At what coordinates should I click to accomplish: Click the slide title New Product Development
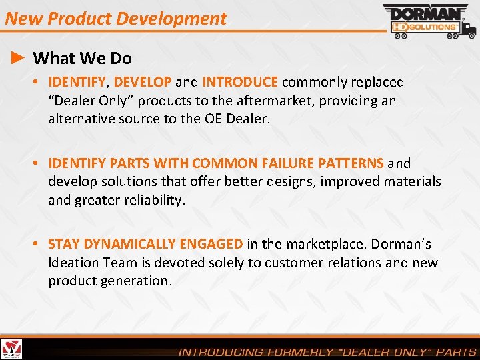[x=115, y=18]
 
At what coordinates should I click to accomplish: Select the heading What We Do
[x=82, y=59]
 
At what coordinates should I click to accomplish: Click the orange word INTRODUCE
[x=240, y=82]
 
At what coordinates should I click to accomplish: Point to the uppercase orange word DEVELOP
[x=143, y=82]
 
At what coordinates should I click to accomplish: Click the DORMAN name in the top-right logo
[x=422, y=13]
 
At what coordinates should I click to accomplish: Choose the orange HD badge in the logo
[x=398, y=27]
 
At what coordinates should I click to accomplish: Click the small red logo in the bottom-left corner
[x=11, y=349]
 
